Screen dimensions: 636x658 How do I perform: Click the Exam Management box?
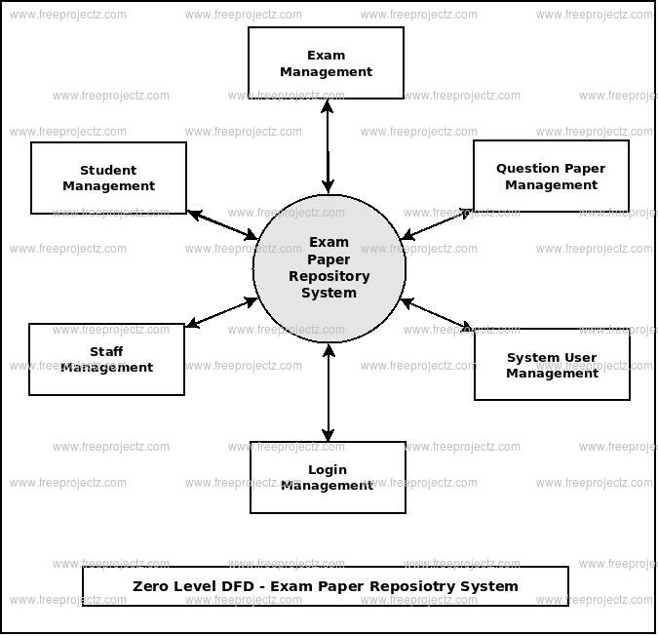tap(326, 63)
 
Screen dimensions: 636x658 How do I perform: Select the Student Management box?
tap(108, 179)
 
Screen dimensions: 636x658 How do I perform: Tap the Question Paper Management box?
tap(551, 177)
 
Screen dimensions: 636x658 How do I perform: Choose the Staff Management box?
tap(106, 360)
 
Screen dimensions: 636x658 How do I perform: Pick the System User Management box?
tap(552, 365)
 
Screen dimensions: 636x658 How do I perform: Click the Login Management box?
tap(328, 477)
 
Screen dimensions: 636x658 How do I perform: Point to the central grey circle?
tap(329, 268)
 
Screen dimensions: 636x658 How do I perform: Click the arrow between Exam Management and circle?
tap(328, 145)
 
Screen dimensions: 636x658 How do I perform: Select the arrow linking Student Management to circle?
tap(222, 224)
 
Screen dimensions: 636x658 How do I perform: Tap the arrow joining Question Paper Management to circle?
tap(438, 223)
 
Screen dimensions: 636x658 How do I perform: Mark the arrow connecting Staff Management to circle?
tap(221, 313)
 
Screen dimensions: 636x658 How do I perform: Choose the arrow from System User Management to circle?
tap(439, 315)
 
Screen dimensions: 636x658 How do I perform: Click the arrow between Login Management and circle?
tap(329, 392)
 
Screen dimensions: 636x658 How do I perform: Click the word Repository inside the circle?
tap(329, 276)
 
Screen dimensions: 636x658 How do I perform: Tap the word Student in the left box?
tap(108, 171)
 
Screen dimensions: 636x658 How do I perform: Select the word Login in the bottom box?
tap(328, 469)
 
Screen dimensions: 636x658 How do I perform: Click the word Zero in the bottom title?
tap(151, 586)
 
